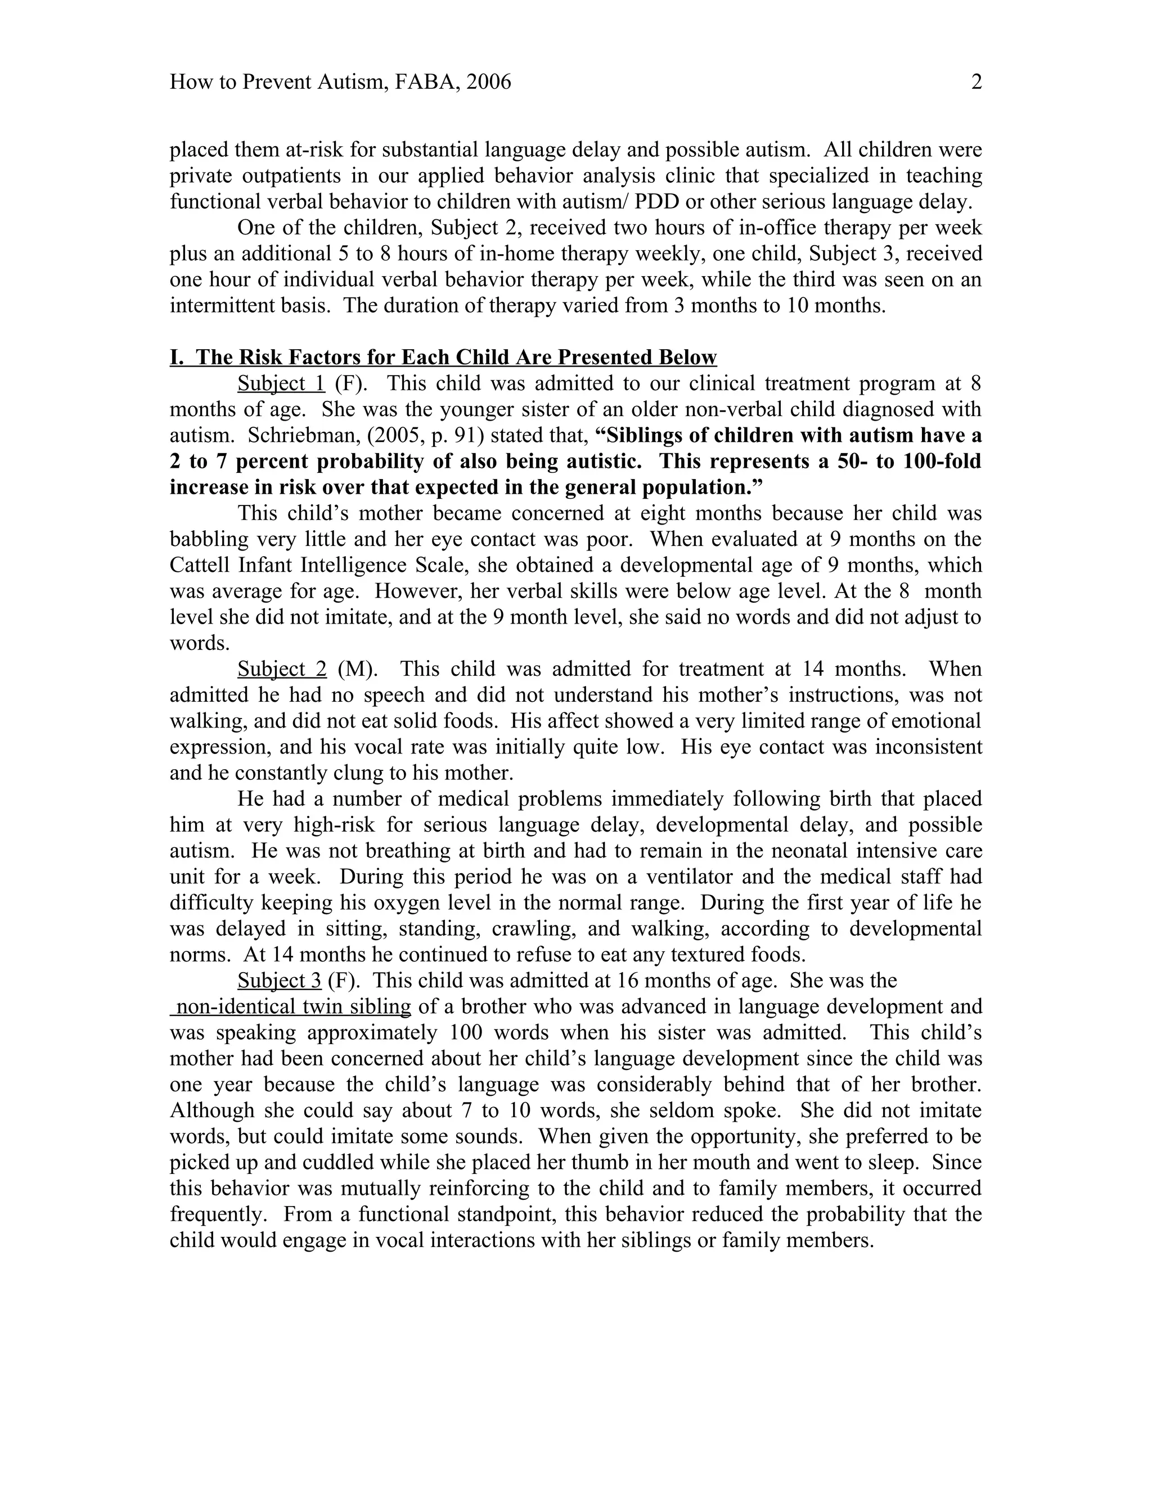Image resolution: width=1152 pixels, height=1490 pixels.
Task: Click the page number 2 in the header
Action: [x=976, y=83]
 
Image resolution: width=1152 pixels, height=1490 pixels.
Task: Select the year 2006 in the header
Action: [x=487, y=83]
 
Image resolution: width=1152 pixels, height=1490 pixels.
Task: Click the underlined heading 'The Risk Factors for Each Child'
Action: [x=444, y=358]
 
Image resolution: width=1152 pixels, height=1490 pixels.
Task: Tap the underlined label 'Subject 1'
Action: [x=281, y=383]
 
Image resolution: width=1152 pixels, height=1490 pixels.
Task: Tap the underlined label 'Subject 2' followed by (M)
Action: [x=282, y=669]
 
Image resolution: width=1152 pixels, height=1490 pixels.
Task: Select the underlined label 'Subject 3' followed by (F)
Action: [x=279, y=981]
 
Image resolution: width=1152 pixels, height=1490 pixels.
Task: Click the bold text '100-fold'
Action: [x=941, y=461]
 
